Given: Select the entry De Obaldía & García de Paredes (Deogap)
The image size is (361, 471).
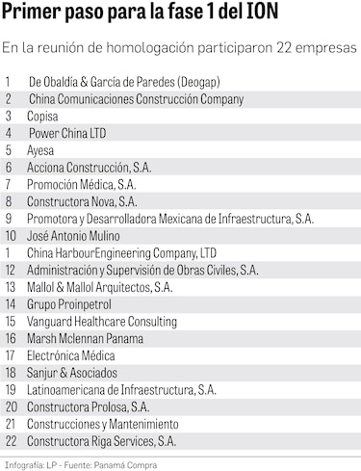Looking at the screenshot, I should click(x=109, y=82).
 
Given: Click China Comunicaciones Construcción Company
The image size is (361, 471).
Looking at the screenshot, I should click(x=136, y=98).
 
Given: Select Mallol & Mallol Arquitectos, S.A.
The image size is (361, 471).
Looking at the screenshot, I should click(x=100, y=286).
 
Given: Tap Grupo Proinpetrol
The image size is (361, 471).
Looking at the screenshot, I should click(x=70, y=303).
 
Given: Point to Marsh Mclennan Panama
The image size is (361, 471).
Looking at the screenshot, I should click(x=86, y=338).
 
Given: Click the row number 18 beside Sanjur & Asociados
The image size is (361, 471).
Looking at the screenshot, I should click(x=12, y=372).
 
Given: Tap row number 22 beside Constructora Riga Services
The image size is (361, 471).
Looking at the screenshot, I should click(x=12, y=440).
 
